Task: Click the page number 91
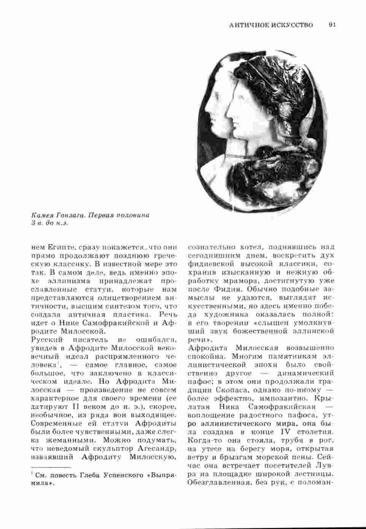(333, 25)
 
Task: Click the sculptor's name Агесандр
(157, 448)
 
